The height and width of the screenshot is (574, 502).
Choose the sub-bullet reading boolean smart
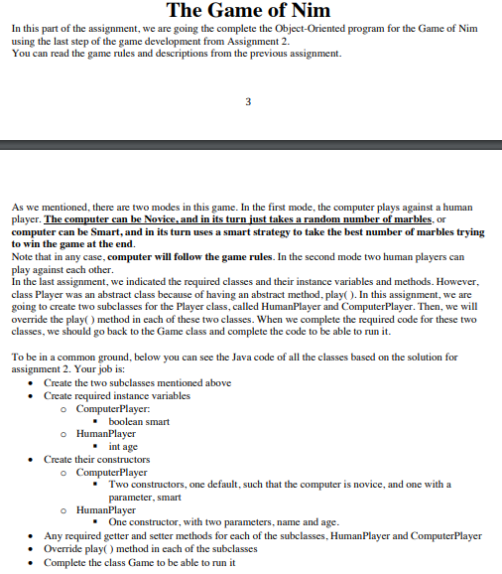click(x=138, y=421)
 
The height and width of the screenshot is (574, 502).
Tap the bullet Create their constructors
click(x=97, y=459)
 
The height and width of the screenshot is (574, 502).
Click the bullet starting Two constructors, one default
click(x=278, y=484)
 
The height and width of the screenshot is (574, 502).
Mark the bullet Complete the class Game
click(x=140, y=561)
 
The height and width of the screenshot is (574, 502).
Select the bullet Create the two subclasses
click(x=137, y=382)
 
